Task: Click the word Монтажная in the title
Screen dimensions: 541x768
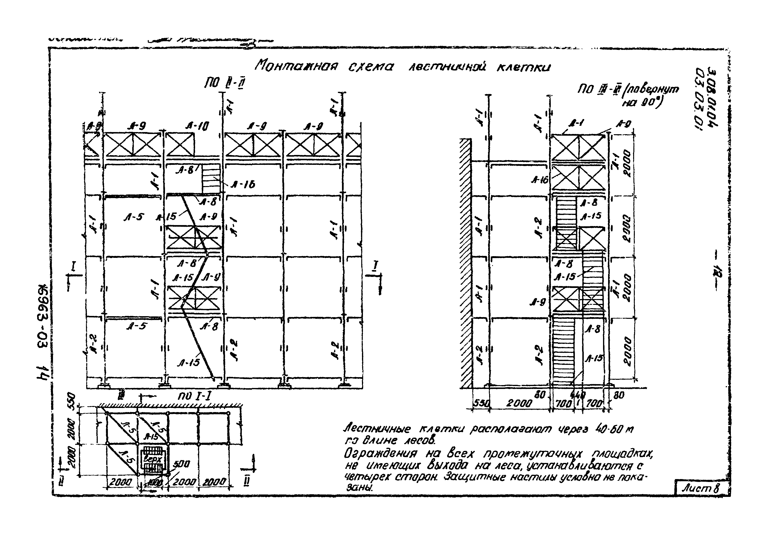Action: pos(296,66)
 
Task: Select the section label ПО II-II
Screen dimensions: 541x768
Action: pos(224,83)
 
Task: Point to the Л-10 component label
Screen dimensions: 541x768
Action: pos(197,126)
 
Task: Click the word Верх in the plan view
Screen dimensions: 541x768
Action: pos(152,459)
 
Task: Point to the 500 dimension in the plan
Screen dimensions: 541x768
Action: pos(181,464)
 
